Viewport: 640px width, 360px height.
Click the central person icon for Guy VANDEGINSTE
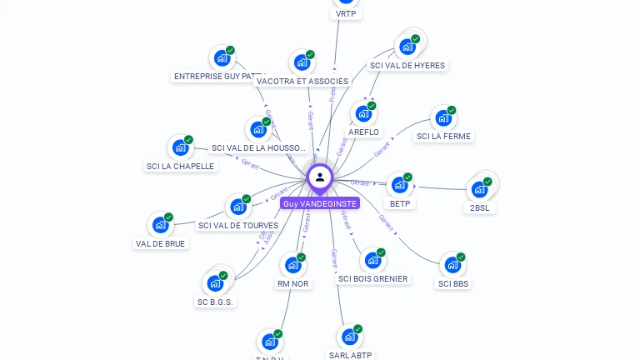pyautogui.click(x=320, y=177)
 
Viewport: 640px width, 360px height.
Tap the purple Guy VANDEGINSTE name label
pyautogui.click(x=320, y=203)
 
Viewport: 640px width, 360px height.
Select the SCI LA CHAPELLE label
pyautogui.click(x=180, y=166)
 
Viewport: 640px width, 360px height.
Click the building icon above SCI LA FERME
pyautogui.click(x=442, y=118)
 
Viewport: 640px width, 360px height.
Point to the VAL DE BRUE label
pyautogui.click(x=160, y=243)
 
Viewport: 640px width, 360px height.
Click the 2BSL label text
pyautogui.click(x=478, y=207)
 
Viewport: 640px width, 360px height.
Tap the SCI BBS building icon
pyautogui.click(x=452, y=265)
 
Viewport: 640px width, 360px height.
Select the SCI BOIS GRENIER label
pyautogui.click(x=373, y=278)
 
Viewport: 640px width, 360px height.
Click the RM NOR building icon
pyautogui.click(x=292, y=266)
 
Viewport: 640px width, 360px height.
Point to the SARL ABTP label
pyautogui.click(x=350, y=355)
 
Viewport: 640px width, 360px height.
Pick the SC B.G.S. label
pyautogui.click(x=215, y=302)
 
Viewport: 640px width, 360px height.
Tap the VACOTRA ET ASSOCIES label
pyautogui.click(x=302, y=81)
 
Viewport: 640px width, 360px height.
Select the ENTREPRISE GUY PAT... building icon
pyautogui.click(x=222, y=58)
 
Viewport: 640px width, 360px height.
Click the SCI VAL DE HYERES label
pyautogui.click(x=407, y=65)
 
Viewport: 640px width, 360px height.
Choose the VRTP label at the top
pyautogui.click(x=346, y=14)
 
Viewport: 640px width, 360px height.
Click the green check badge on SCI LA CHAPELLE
pyautogui.click(x=189, y=140)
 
